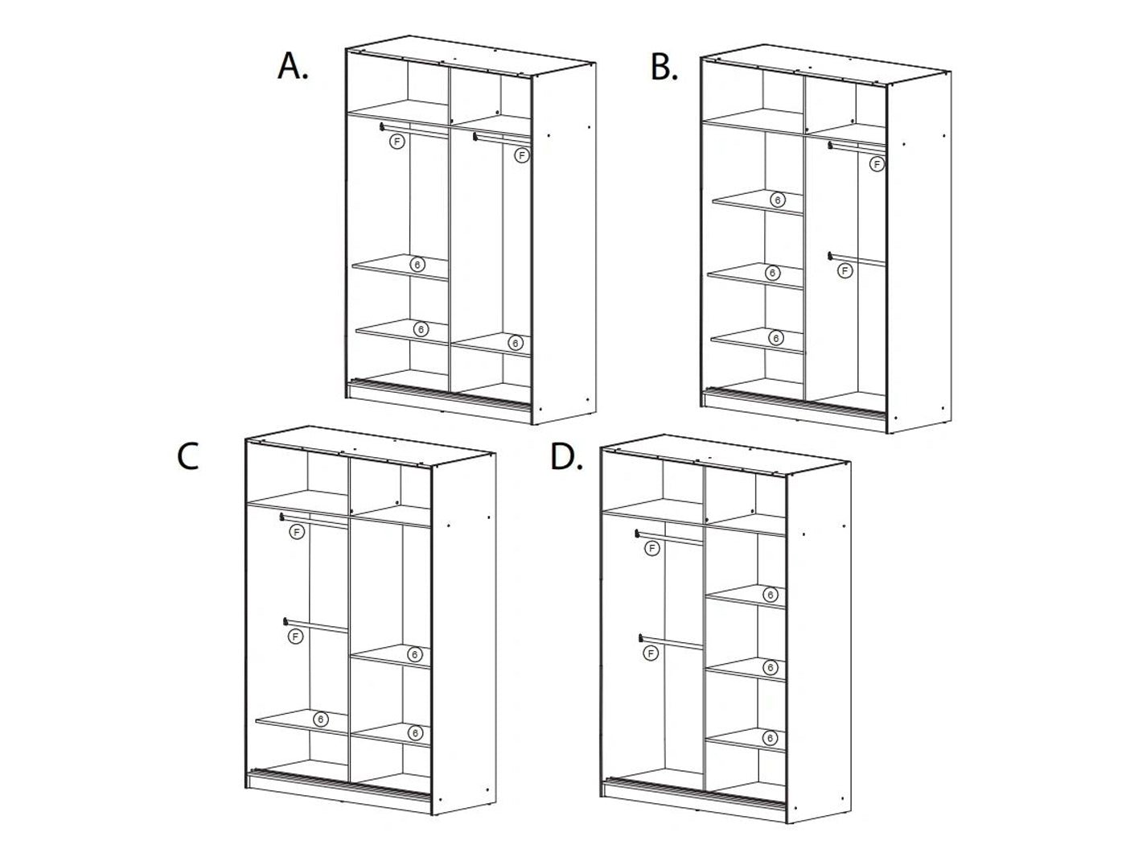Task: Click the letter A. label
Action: coord(293,67)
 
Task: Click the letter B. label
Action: coord(664,68)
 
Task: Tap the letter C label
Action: coord(187,456)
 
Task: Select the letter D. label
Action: coord(566,456)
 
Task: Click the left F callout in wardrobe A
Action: coord(397,141)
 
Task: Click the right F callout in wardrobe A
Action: coord(522,155)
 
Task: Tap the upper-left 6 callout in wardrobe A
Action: coord(417,265)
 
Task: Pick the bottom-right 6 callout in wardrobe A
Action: coord(515,343)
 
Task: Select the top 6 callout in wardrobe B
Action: coord(778,200)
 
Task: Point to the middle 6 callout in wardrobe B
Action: coord(773,273)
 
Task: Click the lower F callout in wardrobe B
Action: coord(844,270)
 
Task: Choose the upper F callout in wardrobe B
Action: coord(877,164)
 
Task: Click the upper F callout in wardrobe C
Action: coord(297,532)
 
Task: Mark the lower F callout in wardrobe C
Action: coord(294,637)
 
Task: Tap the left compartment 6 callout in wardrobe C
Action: coord(321,719)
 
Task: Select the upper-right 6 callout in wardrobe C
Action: coord(414,654)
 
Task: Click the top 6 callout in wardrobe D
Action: coord(770,595)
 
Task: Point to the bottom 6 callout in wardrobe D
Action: coord(770,738)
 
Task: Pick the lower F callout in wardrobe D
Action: coord(651,653)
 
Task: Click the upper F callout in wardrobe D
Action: coord(652,549)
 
